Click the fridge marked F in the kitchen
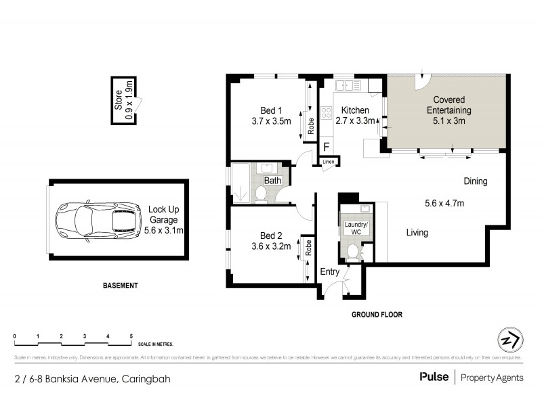coord(327,147)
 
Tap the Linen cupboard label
coord(329,162)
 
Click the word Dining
coord(475,181)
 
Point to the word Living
coord(417,233)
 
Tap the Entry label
coord(330,271)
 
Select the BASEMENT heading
coord(120,286)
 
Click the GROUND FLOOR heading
coord(377,315)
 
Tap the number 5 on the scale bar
coord(131,336)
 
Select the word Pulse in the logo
coord(434,377)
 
